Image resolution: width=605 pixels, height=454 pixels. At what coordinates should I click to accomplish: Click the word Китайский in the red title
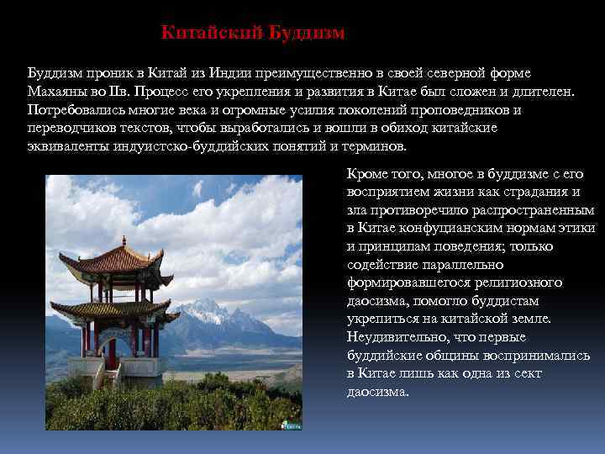tap(212, 33)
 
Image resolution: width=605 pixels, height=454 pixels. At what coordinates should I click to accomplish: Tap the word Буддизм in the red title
tap(307, 33)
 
